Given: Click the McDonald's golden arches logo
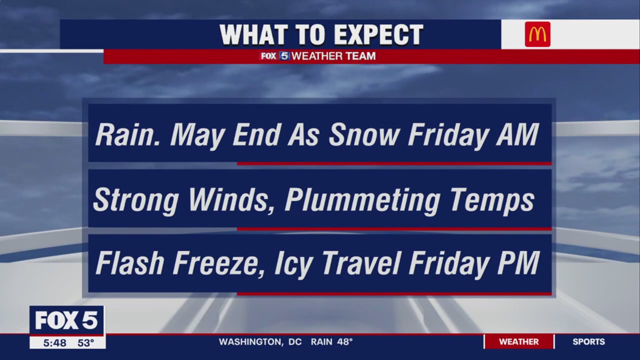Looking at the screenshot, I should pyautogui.click(x=537, y=34).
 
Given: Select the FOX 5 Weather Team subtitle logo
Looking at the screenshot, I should pyautogui.click(x=318, y=56).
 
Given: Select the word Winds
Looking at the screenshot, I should pyautogui.click(x=232, y=199).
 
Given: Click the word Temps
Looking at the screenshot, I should pyautogui.click(x=492, y=200).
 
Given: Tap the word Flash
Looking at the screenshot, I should pyautogui.click(x=129, y=263).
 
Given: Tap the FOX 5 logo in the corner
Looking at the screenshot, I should pyautogui.click(x=66, y=320).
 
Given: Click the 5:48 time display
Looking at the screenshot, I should pyautogui.click(x=54, y=343).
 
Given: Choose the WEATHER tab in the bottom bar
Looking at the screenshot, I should pyautogui.click(x=518, y=342).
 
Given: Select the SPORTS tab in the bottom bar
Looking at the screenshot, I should pyautogui.click(x=588, y=342).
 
